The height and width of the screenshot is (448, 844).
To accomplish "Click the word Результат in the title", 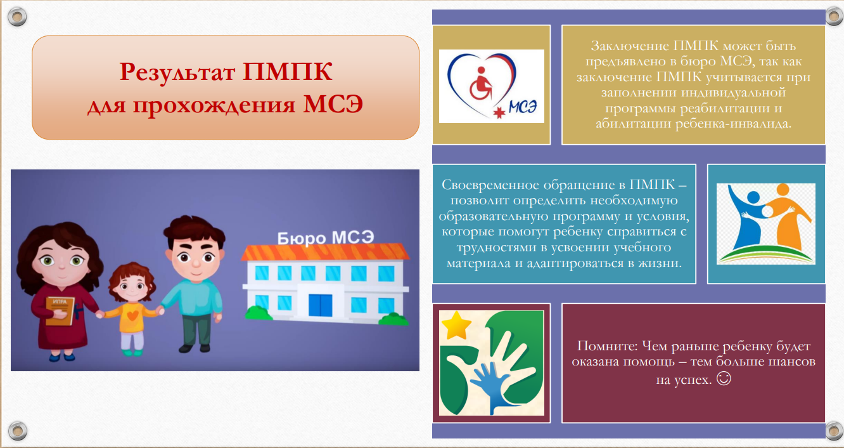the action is tap(177, 72).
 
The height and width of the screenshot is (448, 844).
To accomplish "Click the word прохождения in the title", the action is tap(214, 105).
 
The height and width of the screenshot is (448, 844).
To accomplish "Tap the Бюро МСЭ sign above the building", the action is tap(326, 238).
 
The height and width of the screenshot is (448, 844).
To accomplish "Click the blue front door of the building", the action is tap(320, 305).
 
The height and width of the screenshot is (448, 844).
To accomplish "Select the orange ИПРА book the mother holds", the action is tap(60, 311).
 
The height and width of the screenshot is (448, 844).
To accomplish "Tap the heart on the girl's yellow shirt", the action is tap(132, 315).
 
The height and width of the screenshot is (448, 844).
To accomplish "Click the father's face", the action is tap(195, 260).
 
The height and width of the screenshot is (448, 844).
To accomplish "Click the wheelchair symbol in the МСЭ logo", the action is tap(481, 84).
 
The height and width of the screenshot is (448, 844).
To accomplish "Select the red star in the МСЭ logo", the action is tap(499, 112).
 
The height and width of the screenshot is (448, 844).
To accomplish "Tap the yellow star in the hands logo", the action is tap(456, 325).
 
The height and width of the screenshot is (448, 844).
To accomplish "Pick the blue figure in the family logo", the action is tap(748, 219).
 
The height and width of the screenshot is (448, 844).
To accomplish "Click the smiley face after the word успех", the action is tap(724, 378).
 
